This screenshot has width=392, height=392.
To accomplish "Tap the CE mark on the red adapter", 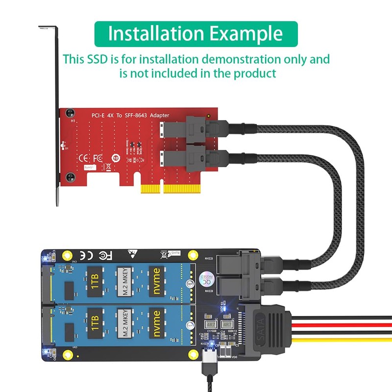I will click(x=84, y=158).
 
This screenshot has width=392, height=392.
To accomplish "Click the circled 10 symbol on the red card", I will click(x=116, y=158).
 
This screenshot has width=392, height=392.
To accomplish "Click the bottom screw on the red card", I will click(x=71, y=175).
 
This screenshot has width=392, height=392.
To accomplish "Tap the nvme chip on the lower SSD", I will click(x=156, y=321).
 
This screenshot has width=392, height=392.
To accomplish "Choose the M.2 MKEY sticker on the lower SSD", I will click(x=125, y=321).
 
